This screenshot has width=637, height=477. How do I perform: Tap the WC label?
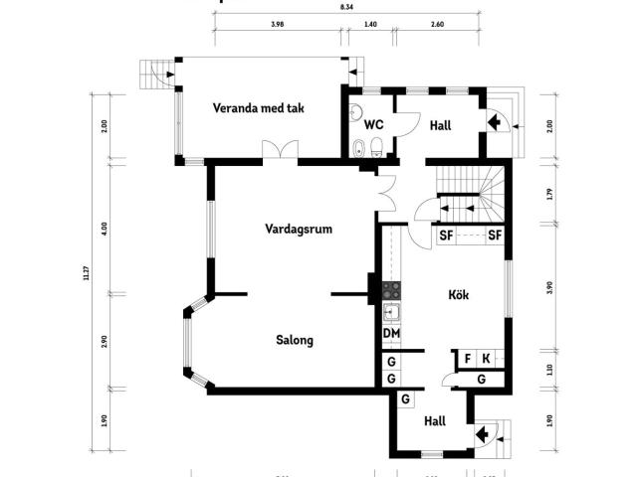(374, 125)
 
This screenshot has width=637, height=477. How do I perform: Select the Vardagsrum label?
(298, 229)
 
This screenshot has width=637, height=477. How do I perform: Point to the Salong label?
(295, 340)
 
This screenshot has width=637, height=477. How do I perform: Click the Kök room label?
(459, 295)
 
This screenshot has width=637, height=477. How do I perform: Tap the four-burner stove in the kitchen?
(391, 290)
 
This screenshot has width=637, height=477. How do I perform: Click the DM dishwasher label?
(391, 333)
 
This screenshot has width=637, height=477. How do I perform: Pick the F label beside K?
(467, 358)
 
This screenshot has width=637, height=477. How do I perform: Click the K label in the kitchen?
(486, 358)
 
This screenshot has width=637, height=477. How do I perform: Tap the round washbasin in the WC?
(356, 112)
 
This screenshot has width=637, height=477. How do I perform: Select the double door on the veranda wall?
(280, 151)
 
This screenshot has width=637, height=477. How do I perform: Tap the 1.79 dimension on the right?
(549, 194)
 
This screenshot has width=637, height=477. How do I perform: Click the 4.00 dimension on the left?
(105, 228)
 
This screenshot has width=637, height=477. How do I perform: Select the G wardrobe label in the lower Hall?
(405, 399)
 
